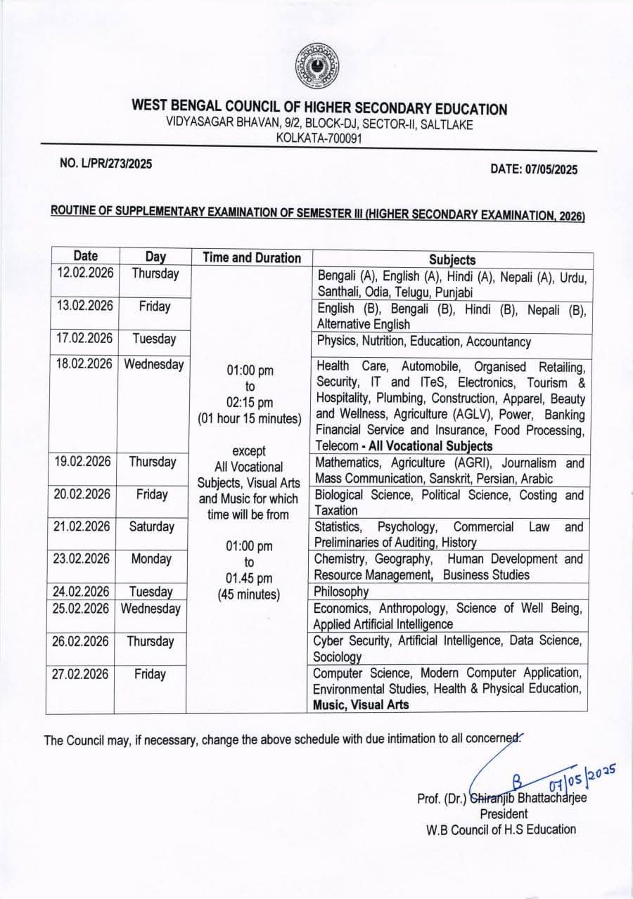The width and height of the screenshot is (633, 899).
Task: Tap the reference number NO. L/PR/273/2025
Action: (x=105, y=163)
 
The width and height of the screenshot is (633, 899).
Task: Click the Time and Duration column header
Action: (x=252, y=258)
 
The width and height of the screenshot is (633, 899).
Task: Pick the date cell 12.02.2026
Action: (x=84, y=273)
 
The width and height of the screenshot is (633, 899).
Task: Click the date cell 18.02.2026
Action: (x=84, y=364)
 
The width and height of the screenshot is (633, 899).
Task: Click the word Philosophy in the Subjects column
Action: (x=341, y=592)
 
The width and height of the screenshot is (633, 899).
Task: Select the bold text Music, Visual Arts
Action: (x=361, y=704)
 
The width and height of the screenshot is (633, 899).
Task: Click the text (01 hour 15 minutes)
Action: (x=250, y=419)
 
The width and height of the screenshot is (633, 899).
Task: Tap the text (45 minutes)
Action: (x=250, y=594)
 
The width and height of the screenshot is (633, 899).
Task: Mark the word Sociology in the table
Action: (x=338, y=657)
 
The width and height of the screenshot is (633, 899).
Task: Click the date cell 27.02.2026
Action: (x=80, y=674)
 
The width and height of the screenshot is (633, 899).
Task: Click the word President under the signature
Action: (x=504, y=814)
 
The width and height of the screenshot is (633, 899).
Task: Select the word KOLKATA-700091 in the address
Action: (x=319, y=138)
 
